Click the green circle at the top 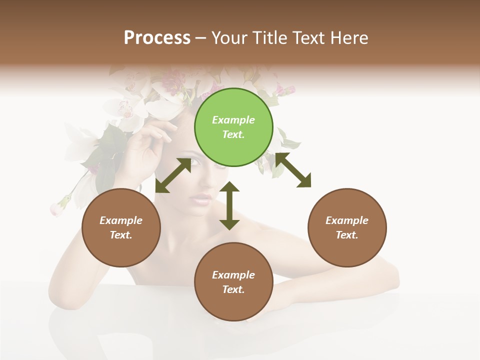(x=233, y=127)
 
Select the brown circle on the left (x=121, y=227)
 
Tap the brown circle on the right (x=347, y=227)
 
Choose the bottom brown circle (x=233, y=282)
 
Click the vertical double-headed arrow (x=229, y=205)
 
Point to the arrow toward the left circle (x=173, y=175)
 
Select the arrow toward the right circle (x=293, y=170)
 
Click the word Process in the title (x=157, y=38)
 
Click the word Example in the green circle (x=233, y=120)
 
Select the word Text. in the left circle (x=121, y=235)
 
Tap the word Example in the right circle (x=347, y=220)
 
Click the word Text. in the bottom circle (x=233, y=289)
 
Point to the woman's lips (x=202, y=199)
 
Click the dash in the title (x=201, y=38)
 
